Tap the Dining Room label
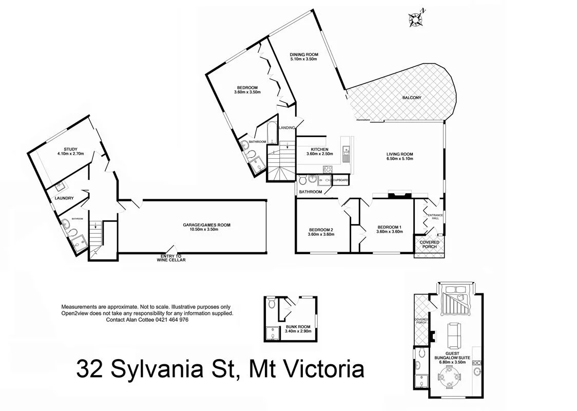[304, 54]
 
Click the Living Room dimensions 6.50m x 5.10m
[400, 159]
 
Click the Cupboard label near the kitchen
[341, 180]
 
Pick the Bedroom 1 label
[390, 227]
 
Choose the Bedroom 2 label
[321, 229]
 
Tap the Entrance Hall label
[435, 216]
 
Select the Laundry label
[64, 198]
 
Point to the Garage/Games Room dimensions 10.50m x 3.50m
[207, 230]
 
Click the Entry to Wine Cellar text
[171, 258]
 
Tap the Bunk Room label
[294, 326]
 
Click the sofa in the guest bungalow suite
[454, 333]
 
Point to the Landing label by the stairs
[286, 127]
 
